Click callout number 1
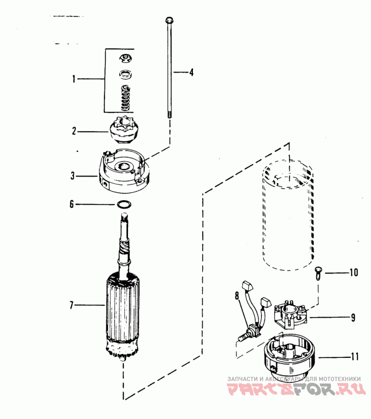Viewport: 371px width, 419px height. pyautogui.click(x=74, y=79)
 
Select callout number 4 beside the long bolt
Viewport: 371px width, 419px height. pyautogui.click(x=192, y=72)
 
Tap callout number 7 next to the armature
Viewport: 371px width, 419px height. pyautogui.click(x=71, y=305)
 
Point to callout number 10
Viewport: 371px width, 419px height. pyautogui.click(x=354, y=273)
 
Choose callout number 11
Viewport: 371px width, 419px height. pyautogui.click(x=355, y=357)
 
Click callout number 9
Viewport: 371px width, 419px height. pyautogui.click(x=353, y=317)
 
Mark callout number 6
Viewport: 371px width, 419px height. pyautogui.click(x=71, y=204)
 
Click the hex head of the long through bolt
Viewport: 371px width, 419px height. pyautogui.click(x=169, y=20)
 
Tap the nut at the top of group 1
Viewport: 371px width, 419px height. pyautogui.click(x=124, y=58)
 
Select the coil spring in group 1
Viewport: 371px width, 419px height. pyautogui.click(x=125, y=98)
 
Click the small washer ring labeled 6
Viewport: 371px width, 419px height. pyautogui.click(x=124, y=205)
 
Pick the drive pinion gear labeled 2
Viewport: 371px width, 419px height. pyautogui.click(x=123, y=130)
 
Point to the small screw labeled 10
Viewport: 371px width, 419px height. pyautogui.click(x=318, y=273)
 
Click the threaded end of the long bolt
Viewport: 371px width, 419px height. pyautogui.click(x=169, y=115)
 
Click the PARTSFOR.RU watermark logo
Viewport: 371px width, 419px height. pyautogui.click(x=297, y=389)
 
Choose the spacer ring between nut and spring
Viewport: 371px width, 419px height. pyautogui.click(x=124, y=74)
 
